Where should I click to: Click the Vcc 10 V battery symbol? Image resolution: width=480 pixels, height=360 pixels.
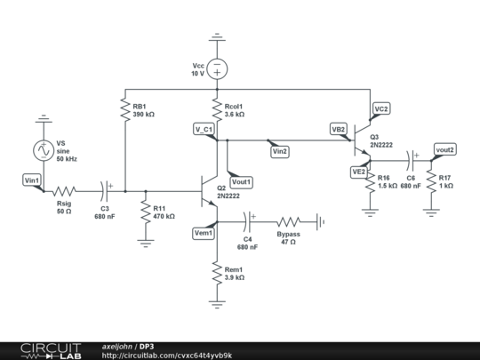click(216, 68)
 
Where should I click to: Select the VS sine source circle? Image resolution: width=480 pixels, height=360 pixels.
click(41, 151)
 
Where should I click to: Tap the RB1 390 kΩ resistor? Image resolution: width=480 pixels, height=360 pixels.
click(124, 109)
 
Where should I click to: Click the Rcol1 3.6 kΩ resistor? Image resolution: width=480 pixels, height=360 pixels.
click(216, 109)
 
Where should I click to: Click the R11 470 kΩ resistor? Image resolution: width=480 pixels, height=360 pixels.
click(145, 212)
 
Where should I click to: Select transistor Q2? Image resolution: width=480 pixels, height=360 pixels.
click(211, 191)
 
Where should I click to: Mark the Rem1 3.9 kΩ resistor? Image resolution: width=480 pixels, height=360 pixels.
click(216, 272)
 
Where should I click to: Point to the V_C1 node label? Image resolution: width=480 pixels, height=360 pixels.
click(204, 130)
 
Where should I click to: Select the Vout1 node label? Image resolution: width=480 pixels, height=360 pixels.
click(241, 181)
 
